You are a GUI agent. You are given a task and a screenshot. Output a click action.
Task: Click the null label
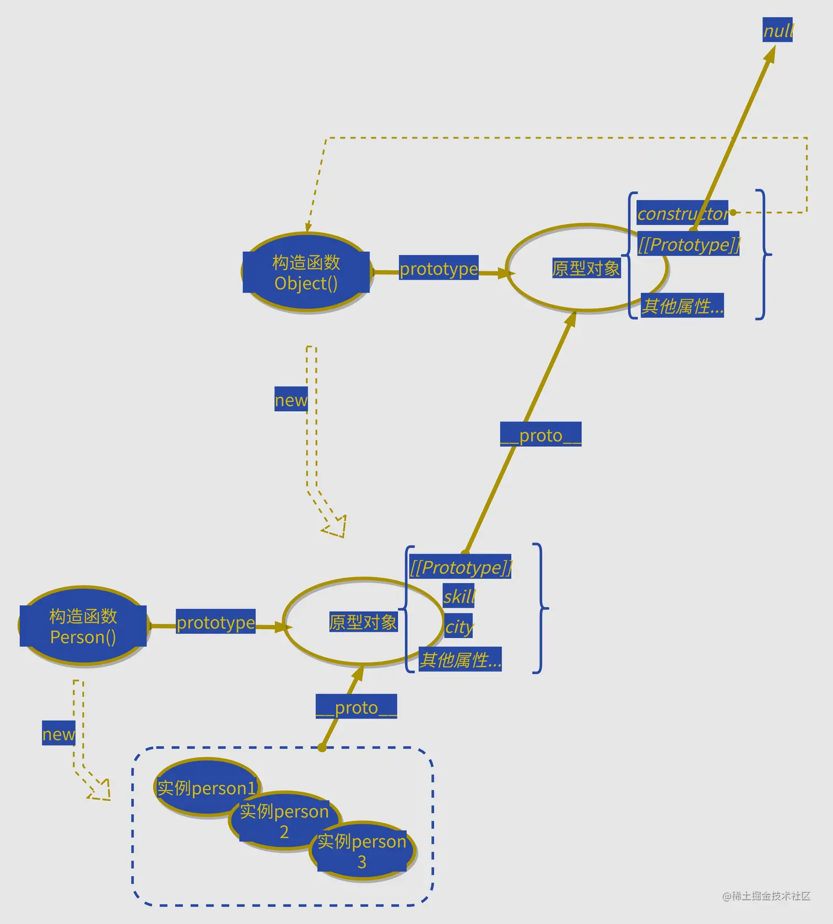(x=777, y=30)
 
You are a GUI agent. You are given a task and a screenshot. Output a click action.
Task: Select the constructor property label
(x=682, y=213)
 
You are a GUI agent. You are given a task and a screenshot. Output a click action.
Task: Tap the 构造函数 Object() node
(x=306, y=272)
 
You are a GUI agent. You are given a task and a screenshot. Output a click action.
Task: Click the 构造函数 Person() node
(x=83, y=626)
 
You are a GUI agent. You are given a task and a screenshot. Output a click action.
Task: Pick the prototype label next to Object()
(x=439, y=268)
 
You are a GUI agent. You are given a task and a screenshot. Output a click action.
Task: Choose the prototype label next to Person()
(x=215, y=622)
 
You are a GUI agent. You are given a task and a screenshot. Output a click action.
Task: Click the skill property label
(x=458, y=596)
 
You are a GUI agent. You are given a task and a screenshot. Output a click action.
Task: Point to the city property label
(x=458, y=626)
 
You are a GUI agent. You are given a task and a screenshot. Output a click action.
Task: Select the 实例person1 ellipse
(x=207, y=788)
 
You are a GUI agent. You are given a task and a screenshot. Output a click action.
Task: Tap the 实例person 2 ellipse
(x=284, y=821)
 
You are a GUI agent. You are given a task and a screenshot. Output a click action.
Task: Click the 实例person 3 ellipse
(x=361, y=851)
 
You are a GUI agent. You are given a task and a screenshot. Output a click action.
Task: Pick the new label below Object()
(x=291, y=400)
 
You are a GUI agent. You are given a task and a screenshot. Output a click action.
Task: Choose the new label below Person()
(x=58, y=734)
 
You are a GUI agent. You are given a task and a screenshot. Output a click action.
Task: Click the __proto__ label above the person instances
(x=356, y=707)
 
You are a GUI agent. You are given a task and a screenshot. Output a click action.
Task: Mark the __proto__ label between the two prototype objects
(x=540, y=434)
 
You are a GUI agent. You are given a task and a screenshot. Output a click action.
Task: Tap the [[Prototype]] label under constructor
(x=689, y=244)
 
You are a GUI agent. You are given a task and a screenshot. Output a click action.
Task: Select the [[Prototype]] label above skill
(x=461, y=567)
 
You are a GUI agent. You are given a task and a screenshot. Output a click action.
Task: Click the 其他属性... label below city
(x=460, y=659)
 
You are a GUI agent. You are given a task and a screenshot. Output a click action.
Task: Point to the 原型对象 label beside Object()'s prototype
(x=586, y=268)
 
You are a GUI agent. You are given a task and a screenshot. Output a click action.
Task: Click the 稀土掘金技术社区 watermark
(x=766, y=896)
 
